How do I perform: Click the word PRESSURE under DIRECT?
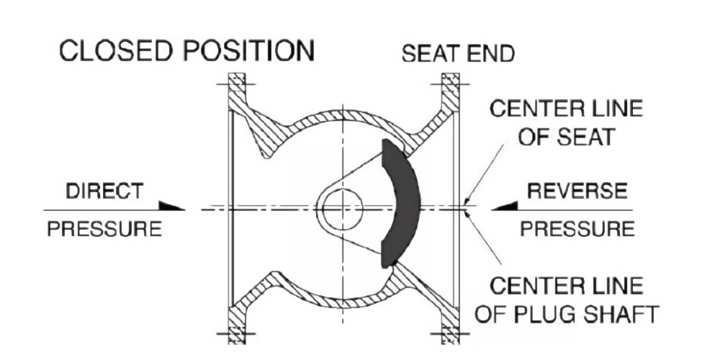[105, 230]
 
